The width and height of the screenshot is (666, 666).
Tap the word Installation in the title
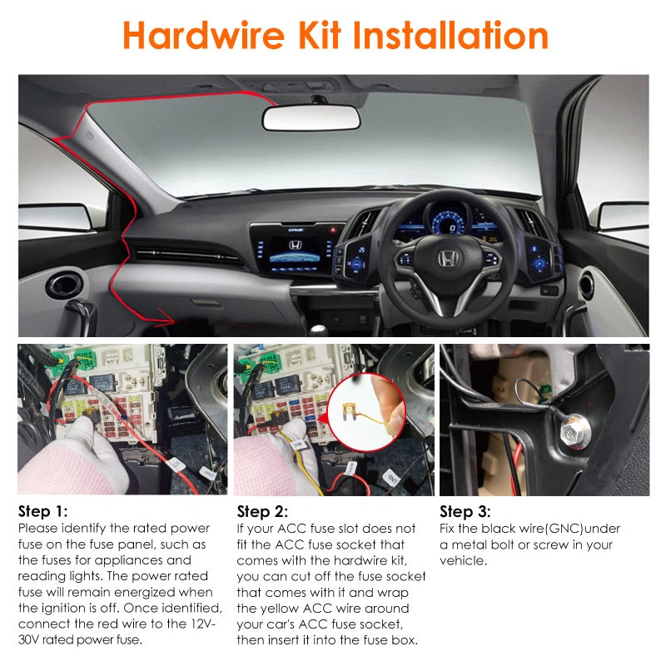(451, 36)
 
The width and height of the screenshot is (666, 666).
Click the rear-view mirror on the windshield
(311, 117)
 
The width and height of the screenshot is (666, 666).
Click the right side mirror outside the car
(624, 216)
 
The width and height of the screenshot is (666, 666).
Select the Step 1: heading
(42, 512)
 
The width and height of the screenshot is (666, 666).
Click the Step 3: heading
(465, 512)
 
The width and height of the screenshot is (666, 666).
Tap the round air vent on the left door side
(64, 285)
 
